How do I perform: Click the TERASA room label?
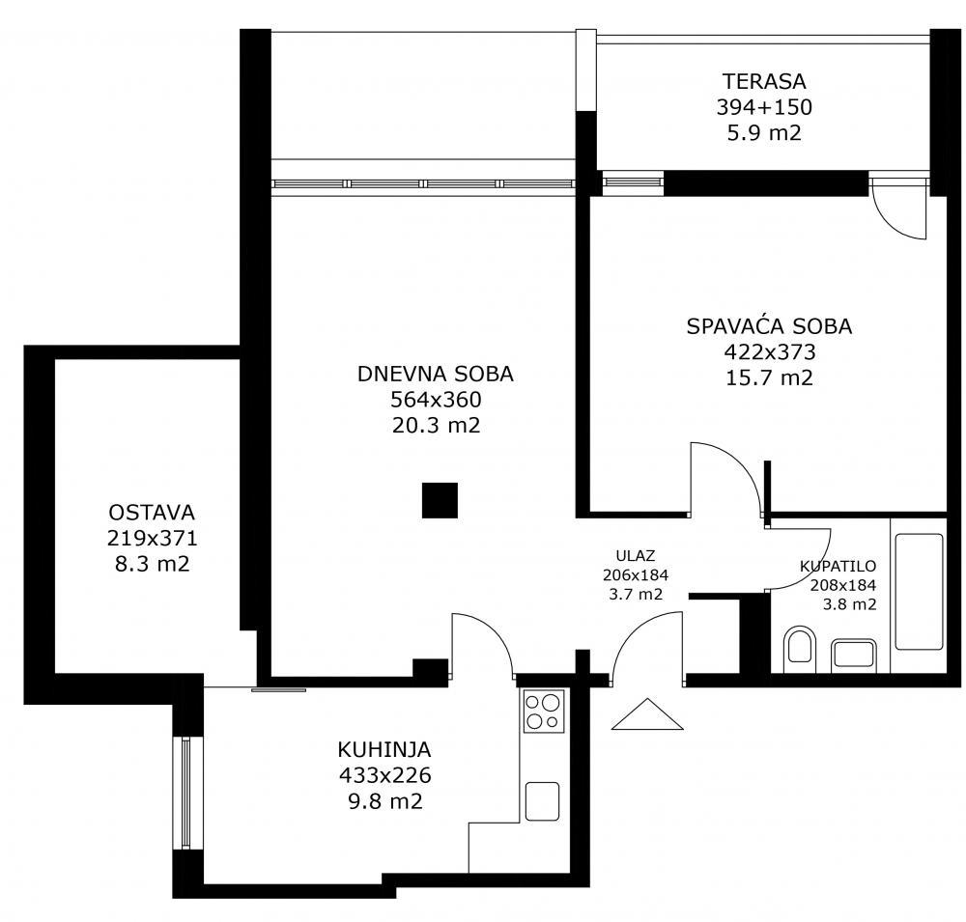click(x=763, y=81)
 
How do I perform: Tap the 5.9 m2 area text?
click(x=763, y=133)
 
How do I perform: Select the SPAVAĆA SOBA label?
click(x=769, y=326)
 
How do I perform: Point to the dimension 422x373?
click(x=769, y=352)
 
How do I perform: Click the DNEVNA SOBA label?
click(x=436, y=374)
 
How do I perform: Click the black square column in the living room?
click(x=440, y=500)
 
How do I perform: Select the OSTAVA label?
click(x=152, y=512)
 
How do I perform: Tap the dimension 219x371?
click(x=152, y=538)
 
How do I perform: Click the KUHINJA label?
click(x=384, y=748)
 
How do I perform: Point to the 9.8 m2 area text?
click(x=384, y=800)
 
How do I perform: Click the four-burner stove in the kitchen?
click(x=543, y=712)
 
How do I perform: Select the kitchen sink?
click(x=543, y=800)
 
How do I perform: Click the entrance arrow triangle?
click(x=647, y=716)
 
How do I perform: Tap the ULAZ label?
click(x=636, y=555)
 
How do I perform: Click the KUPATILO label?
click(x=838, y=567)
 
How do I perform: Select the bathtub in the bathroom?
click(x=918, y=592)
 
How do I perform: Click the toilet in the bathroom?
click(x=799, y=646)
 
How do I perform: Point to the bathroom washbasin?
click(x=853, y=653)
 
